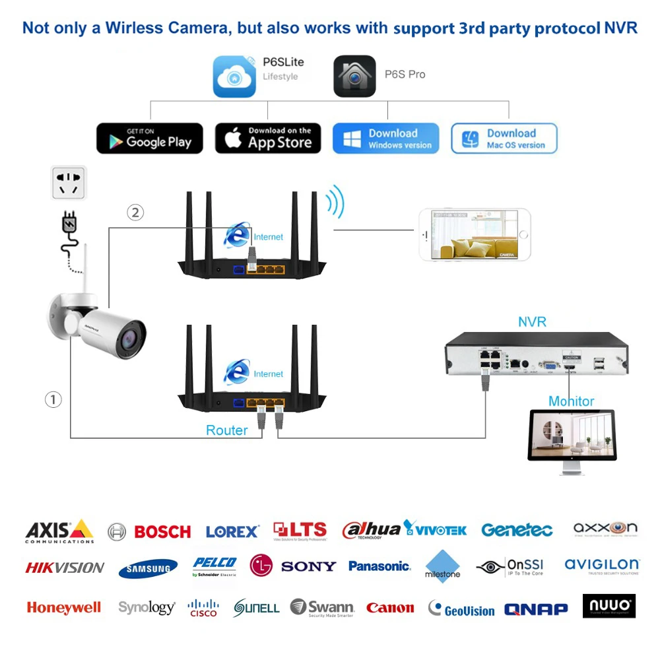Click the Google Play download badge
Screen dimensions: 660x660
(150, 139)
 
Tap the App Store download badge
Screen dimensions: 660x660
(268, 139)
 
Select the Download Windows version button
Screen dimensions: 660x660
(385, 139)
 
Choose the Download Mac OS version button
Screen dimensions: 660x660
(504, 139)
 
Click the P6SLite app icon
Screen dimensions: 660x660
(234, 77)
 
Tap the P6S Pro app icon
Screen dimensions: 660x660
(354, 77)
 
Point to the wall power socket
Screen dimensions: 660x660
(69, 182)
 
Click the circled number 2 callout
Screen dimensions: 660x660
(135, 213)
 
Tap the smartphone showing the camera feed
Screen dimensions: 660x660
(475, 235)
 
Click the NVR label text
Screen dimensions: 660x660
(532, 322)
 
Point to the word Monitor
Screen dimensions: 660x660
(571, 401)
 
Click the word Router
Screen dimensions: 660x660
(226, 430)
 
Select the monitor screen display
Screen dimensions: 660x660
(572, 434)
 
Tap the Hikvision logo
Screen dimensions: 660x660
(65, 567)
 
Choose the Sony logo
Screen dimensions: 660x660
(308, 566)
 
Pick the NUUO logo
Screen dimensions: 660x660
(609, 606)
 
